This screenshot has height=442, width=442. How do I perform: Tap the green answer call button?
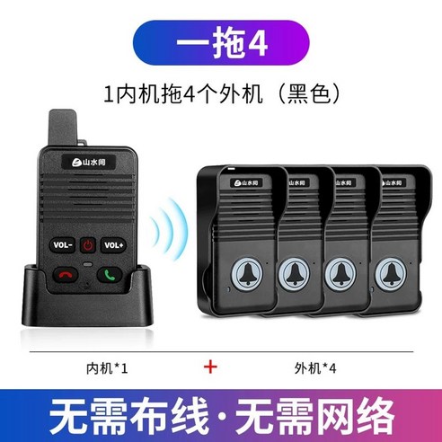click(112, 275)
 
